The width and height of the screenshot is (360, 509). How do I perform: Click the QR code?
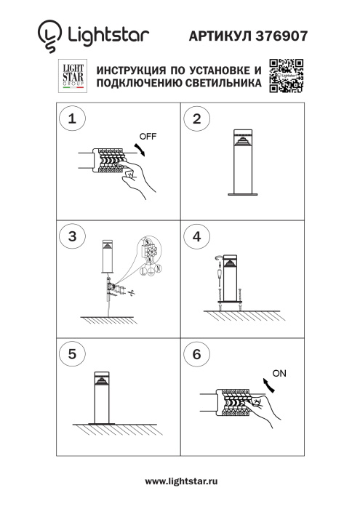tap(286, 76)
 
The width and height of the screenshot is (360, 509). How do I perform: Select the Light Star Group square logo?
tap(72, 76)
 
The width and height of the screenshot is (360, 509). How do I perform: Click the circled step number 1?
tap(72, 121)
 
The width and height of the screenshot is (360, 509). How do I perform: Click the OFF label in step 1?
tap(148, 136)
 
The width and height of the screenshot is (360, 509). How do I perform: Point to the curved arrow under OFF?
tap(142, 148)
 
